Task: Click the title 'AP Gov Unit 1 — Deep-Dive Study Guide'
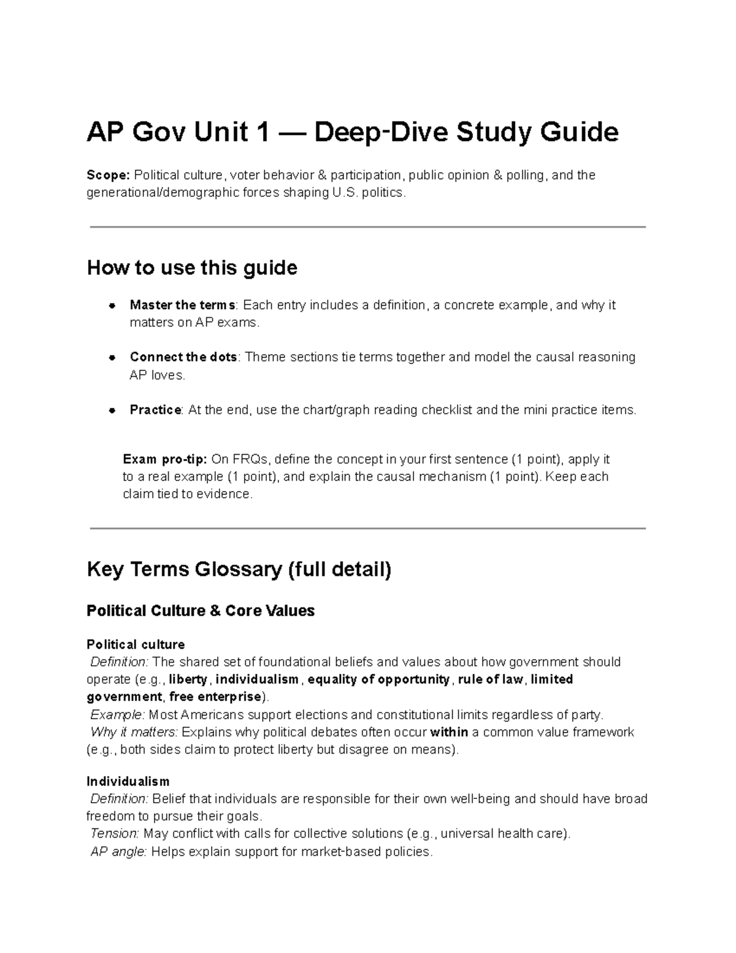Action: click(353, 133)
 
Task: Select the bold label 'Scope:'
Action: click(108, 176)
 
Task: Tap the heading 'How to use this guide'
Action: click(192, 268)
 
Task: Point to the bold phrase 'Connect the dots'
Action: click(183, 357)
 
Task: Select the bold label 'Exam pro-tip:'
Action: click(165, 460)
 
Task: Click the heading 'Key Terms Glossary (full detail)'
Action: click(239, 569)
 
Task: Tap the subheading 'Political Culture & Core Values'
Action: click(201, 611)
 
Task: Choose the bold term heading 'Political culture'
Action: click(136, 644)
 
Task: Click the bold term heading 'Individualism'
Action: click(128, 781)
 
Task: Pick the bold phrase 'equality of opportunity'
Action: click(378, 679)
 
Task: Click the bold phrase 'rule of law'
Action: click(491, 679)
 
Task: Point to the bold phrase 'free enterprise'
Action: click(215, 697)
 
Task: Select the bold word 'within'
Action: click(450, 732)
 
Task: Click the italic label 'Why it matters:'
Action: click(134, 732)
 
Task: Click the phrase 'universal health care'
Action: click(503, 833)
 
